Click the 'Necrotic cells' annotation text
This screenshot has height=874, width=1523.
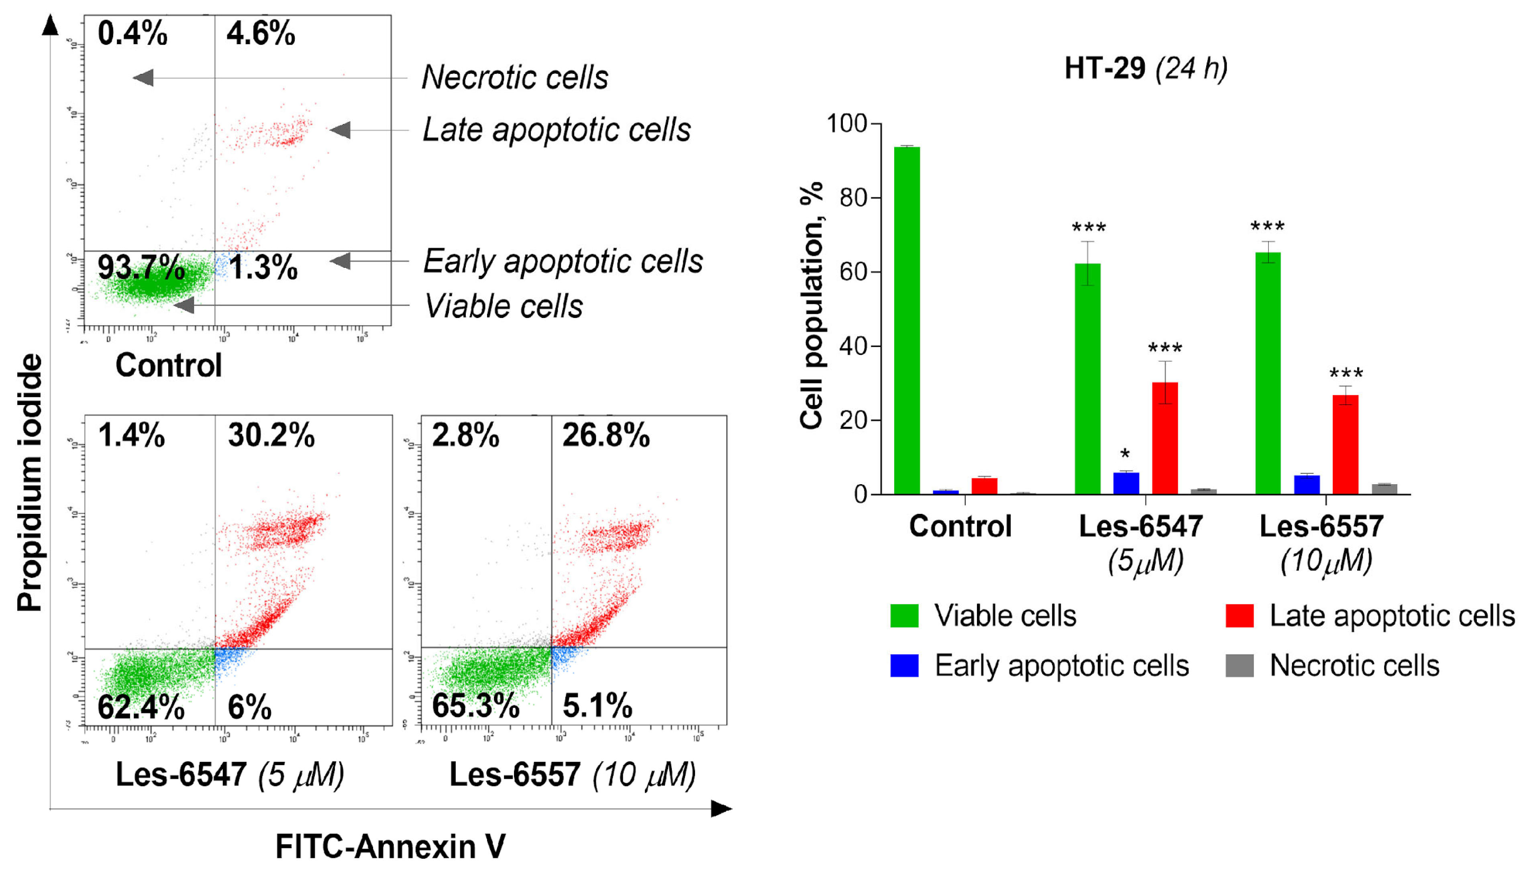pyautogui.click(x=514, y=77)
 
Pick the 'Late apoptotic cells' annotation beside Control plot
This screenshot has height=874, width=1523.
pyautogui.click(x=557, y=130)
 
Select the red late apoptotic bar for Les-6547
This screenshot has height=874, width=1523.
pyautogui.click(x=1164, y=438)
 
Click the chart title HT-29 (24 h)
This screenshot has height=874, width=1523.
pyautogui.click(x=1146, y=68)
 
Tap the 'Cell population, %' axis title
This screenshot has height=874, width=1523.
pyautogui.click(x=811, y=306)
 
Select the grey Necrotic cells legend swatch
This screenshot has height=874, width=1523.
pyautogui.click(x=1239, y=666)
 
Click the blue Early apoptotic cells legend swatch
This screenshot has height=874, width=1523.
pyautogui.click(x=904, y=666)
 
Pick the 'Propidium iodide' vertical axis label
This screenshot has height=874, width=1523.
pyautogui.click(x=30, y=483)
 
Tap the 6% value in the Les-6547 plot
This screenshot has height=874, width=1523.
pyautogui.click(x=249, y=707)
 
